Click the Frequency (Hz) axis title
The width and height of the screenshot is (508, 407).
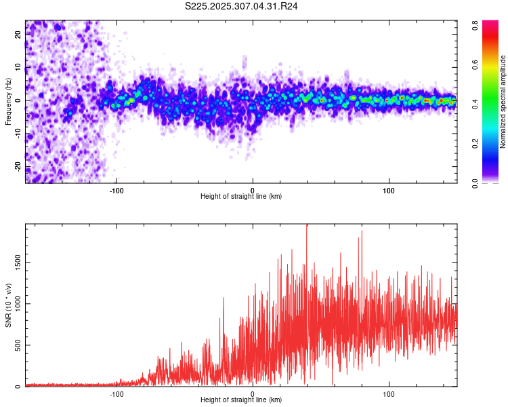click(8, 101)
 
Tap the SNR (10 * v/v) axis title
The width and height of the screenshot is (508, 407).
click(8, 305)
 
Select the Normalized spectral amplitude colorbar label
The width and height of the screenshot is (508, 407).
click(503, 101)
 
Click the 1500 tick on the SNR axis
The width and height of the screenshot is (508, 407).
click(14, 261)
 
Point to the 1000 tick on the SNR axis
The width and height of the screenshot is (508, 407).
click(14, 303)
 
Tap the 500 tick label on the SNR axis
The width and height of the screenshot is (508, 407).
click(16, 345)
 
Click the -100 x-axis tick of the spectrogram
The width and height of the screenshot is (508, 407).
click(117, 189)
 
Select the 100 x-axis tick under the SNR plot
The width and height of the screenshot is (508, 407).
click(389, 393)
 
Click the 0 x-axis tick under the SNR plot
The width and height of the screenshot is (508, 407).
click(253, 393)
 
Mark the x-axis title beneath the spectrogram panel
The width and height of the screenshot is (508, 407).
click(241, 196)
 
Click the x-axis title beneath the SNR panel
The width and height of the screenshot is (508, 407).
click(241, 400)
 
